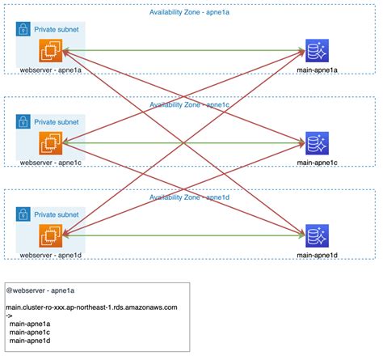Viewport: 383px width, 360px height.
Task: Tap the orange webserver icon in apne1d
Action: coord(51,236)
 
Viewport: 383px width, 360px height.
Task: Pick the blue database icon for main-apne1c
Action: coord(316,144)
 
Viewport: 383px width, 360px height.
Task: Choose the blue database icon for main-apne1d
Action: coord(316,236)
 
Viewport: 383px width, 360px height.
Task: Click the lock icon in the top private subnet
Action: coord(23,29)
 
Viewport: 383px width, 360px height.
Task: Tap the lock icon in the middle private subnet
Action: coord(23,121)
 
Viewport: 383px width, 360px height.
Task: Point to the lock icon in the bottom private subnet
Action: coord(23,214)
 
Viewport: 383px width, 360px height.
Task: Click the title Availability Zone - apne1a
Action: coord(191,12)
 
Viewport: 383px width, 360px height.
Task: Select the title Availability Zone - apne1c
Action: coord(191,104)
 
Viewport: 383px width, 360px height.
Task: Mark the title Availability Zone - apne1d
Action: coord(191,197)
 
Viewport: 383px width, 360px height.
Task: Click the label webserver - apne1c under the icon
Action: coord(50,163)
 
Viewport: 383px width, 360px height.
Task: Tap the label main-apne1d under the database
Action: coord(316,255)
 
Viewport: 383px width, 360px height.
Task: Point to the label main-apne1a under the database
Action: coord(316,71)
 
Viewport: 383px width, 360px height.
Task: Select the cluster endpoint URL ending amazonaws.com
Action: coord(91,307)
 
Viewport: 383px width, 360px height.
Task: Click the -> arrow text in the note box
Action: coord(10,316)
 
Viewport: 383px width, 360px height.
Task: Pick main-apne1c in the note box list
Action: coord(31,332)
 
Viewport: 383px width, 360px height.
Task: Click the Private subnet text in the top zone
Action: coord(57,30)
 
